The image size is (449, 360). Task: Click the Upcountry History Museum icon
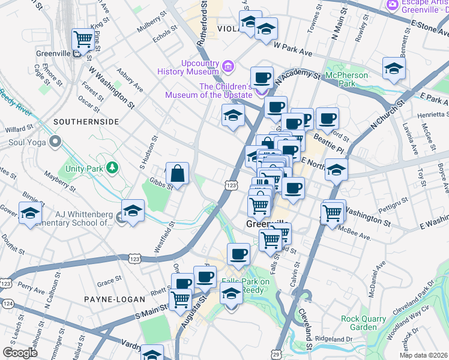pyautogui.click(x=228, y=65)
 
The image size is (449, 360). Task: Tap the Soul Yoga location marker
pyautogui.click(x=56, y=143)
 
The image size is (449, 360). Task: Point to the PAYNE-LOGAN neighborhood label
pyautogui.click(x=114, y=299)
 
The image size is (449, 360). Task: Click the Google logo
pyautogui.click(x=20, y=352)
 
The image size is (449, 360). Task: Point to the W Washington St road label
pyautogui.click(x=112, y=88)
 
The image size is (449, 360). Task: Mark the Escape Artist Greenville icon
pyautogui.click(x=393, y=5)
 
